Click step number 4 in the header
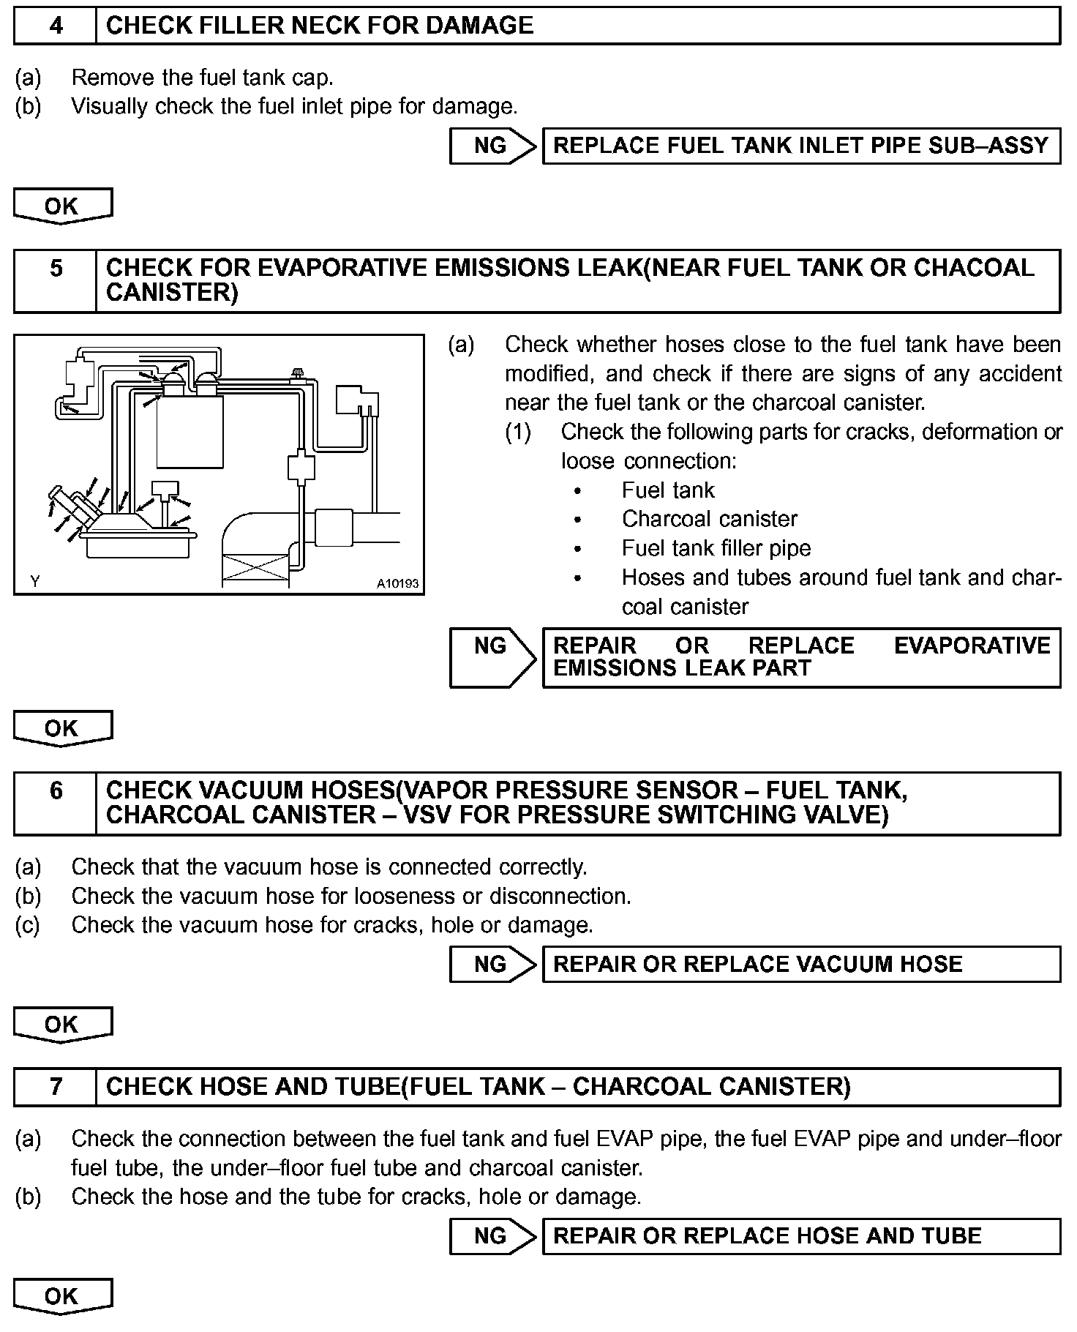(x=56, y=26)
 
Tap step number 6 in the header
(x=56, y=790)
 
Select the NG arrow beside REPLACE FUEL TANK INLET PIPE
(x=492, y=145)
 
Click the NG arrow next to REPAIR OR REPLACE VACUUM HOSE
(x=492, y=964)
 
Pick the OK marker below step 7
(x=62, y=1297)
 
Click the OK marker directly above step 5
(x=62, y=206)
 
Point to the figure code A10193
(x=397, y=583)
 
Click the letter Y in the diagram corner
(x=34, y=582)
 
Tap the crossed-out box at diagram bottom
(x=255, y=568)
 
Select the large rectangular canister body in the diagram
(x=190, y=432)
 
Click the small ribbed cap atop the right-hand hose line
(x=297, y=374)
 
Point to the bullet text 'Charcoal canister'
(x=709, y=519)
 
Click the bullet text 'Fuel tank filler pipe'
(x=716, y=548)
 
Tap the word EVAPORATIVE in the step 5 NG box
(x=972, y=646)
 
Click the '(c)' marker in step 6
(x=28, y=925)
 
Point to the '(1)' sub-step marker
(x=518, y=432)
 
